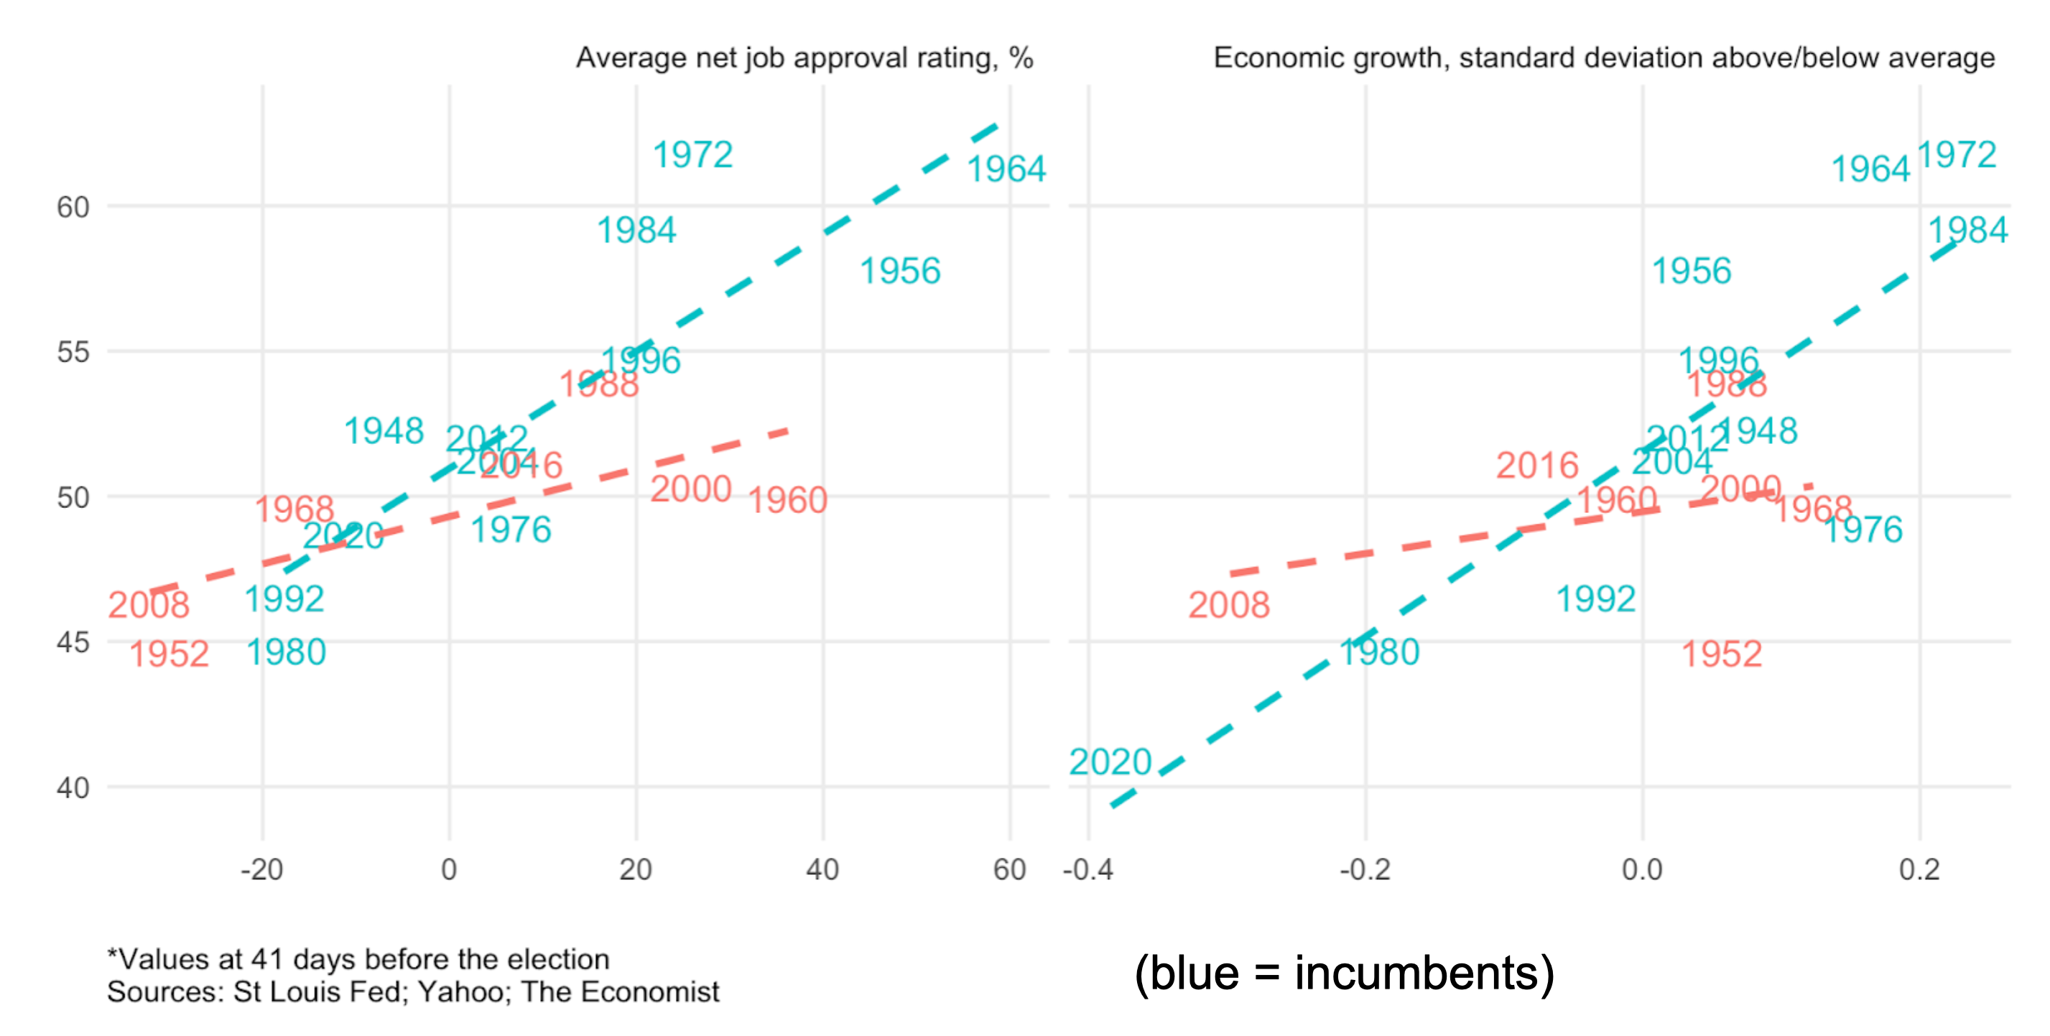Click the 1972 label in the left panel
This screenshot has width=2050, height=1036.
click(692, 154)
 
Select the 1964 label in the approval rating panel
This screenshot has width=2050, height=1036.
click(1006, 169)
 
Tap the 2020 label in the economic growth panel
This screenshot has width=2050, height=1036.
click(1110, 762)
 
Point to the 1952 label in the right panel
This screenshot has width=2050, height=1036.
click(1721, 654)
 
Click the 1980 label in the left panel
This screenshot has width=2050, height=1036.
click(286, 652)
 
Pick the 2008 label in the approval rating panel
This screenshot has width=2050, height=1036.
click(149, 605)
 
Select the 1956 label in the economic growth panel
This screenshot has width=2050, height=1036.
click(1691, 271)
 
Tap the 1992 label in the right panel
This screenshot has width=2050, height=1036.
click(1595, 599)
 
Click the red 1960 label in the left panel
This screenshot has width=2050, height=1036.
click(788, 501)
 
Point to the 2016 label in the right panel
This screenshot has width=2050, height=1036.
click(1536, 466)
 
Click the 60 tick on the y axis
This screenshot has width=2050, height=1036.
click(73, 208)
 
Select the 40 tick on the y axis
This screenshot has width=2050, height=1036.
click(73, 787)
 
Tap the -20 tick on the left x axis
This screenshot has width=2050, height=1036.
click(262, 870)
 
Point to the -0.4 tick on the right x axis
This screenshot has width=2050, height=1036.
click(1088, 870)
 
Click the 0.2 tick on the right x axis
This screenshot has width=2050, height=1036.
click(1919, 870)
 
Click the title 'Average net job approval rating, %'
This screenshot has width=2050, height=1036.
click(804, 58)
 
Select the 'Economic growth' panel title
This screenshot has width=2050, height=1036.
click(1603, 58)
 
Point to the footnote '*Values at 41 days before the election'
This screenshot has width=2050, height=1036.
click(358, 959)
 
